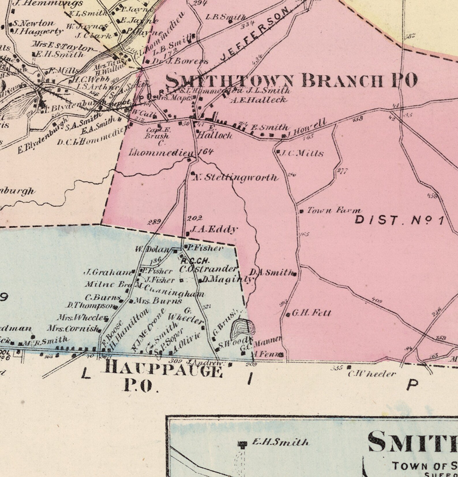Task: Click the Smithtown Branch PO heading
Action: [291, 81]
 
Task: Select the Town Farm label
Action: [333, 210]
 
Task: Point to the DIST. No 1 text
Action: [399, 220]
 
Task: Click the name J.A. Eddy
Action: [214, 229]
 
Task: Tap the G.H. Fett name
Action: [311, 313]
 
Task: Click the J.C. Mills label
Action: [302, 153]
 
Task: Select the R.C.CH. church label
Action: [195, 261]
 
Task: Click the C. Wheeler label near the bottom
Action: [372, 374]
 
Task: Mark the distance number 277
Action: [342, 171]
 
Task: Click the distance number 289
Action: [154, 222]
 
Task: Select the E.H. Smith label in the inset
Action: [280, 442]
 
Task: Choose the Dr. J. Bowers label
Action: [180, 61]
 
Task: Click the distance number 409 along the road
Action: [377, 301]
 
